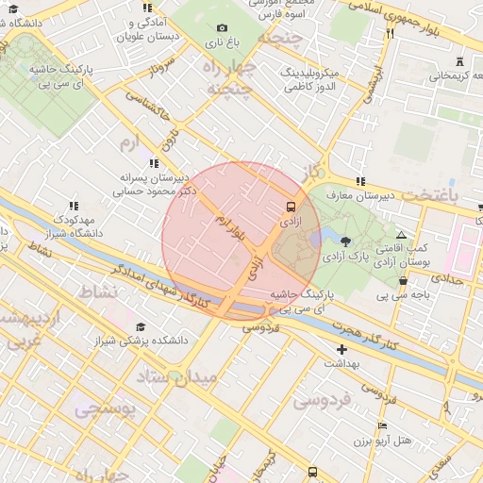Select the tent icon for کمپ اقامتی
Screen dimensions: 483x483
coord(401,235)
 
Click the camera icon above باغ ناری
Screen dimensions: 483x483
coord(223,28)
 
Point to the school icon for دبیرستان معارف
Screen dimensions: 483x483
coord(359,181)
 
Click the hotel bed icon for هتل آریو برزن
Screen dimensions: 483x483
coord(382,425)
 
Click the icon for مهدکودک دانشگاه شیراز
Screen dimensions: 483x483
coord(73,206)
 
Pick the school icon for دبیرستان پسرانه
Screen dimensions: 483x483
coord(154,163)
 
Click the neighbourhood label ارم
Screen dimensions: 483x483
coord(128,142)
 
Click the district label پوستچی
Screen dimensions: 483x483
coord(105,409)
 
